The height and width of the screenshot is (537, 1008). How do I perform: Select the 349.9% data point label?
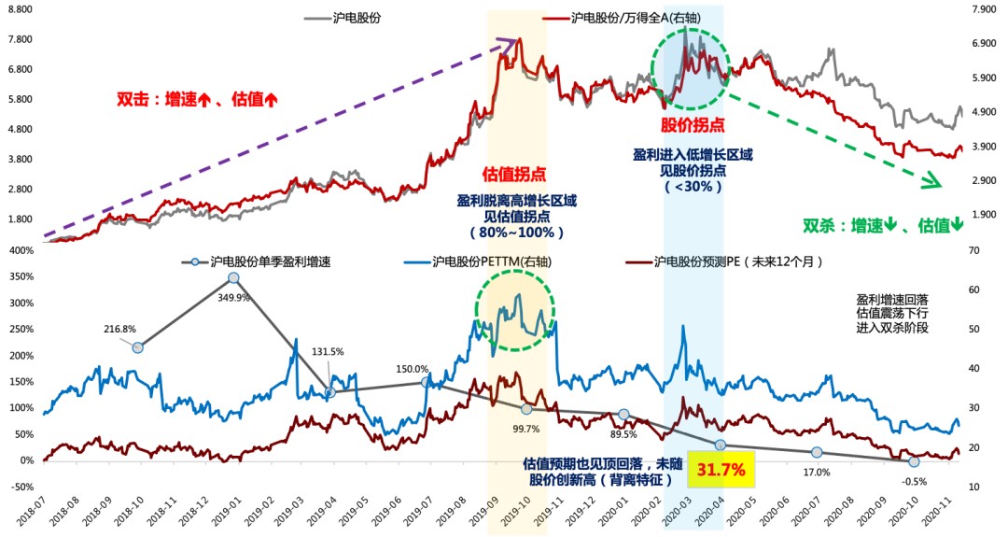(x=234, y=297)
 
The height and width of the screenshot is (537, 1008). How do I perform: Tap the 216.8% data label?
(x=120, y=330)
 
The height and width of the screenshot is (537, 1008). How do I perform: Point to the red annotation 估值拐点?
(x=513, y=174)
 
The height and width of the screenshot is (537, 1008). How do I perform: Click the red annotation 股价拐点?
(x=693, y=123)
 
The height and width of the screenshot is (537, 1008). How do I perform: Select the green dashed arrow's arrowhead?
(x=933, y=181)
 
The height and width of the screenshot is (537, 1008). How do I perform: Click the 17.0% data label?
(x=817, y=473)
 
